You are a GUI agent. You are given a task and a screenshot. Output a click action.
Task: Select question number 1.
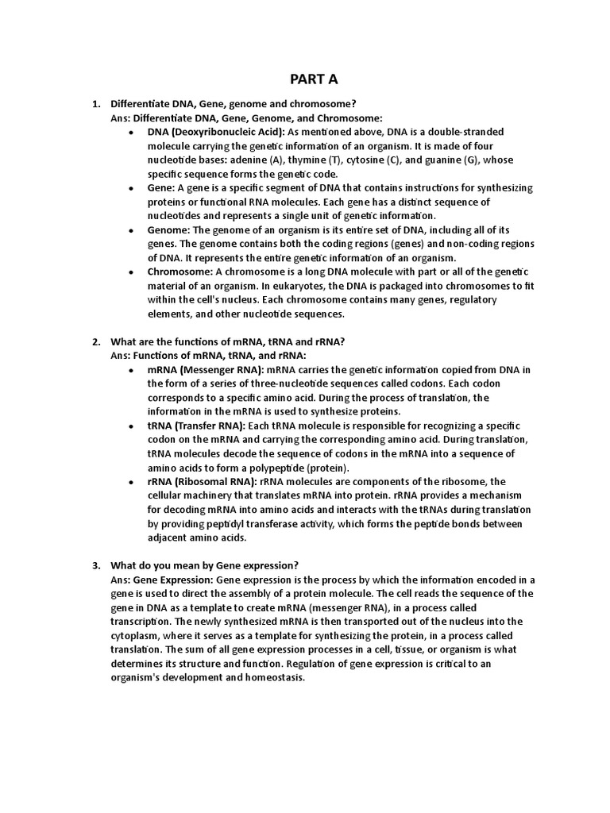click(95, 104)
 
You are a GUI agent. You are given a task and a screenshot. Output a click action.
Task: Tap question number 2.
click(95, 342)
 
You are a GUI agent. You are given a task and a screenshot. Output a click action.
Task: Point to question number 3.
click(95, 565)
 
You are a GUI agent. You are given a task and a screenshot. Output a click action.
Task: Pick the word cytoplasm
click(137, 636)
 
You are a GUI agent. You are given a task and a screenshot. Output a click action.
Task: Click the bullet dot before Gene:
click(130, 188)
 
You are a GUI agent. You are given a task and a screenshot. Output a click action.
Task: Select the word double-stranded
click(459, 132)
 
